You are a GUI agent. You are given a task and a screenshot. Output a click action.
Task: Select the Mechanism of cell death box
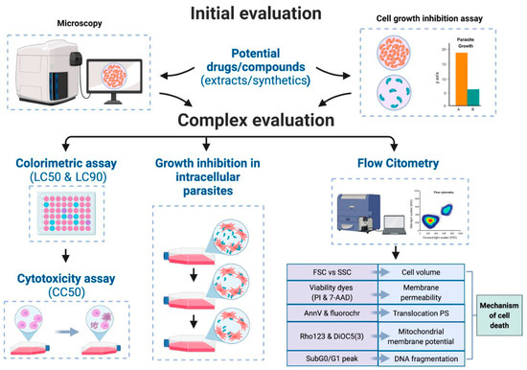(496, 312)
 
